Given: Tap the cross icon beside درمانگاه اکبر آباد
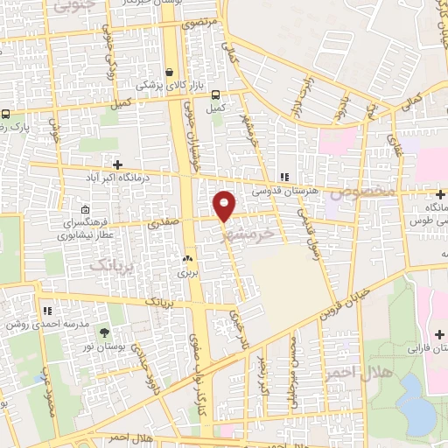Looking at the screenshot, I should (117, 164).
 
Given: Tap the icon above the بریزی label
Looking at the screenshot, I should (186, 259).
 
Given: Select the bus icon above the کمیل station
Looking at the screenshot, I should (215, 96).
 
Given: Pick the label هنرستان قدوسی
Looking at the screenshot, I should (284, 189).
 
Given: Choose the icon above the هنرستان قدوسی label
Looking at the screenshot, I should (283, 176).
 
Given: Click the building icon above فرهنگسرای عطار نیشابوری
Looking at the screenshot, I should (85, 210).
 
